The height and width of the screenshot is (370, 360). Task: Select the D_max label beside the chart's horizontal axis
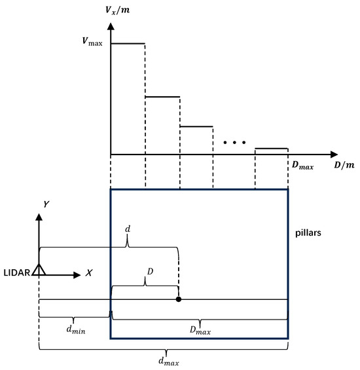tap(302, 166)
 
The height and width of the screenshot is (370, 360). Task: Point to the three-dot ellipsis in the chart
tap(233, 141)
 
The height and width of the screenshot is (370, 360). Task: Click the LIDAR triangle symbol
tap(39, 268)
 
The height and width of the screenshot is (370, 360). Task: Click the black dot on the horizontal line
tap(179, 299)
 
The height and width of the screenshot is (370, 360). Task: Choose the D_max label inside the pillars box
tap(200, 331)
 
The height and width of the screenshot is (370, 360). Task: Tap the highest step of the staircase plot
tap(128, 43)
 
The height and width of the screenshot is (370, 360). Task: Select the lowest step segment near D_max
tap(271, 149)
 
